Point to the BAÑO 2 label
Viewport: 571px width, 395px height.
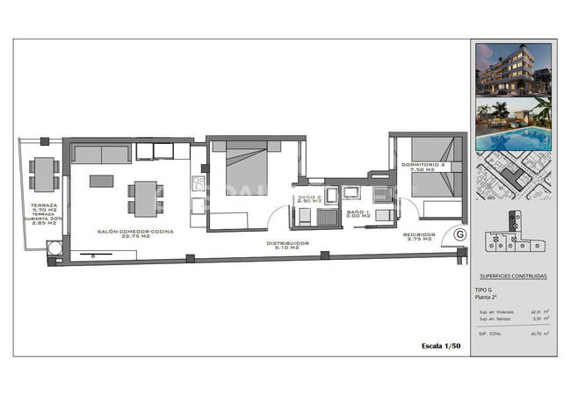308,198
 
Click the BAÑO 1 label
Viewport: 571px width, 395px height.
357,213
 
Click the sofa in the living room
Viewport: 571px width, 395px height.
100,154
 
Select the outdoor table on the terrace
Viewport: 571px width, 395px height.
42,174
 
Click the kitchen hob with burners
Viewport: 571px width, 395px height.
198,183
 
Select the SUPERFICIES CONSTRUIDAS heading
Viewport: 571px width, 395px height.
513,276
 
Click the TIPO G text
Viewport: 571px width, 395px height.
484,289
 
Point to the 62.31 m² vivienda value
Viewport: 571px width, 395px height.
535,311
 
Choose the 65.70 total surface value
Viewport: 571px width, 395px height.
535,333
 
